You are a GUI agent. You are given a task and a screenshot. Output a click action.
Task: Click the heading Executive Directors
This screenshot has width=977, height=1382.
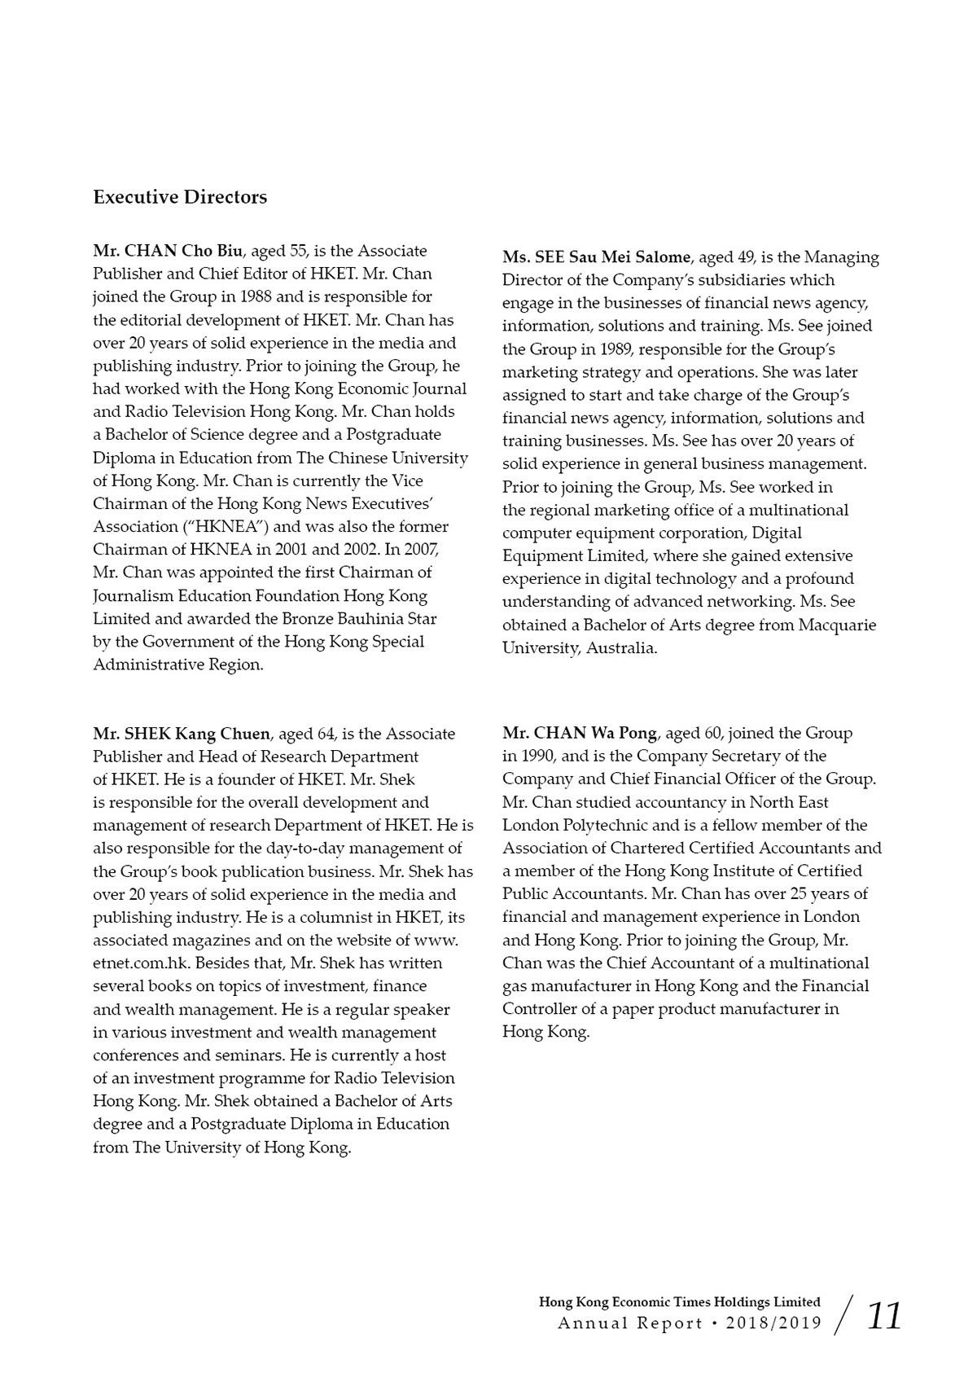tap(180, 197)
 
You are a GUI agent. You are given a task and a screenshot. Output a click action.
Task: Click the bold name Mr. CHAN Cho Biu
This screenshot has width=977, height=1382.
tap(168, 251)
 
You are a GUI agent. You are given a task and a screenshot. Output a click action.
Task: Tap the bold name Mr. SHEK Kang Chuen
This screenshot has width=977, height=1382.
tap(181, 734)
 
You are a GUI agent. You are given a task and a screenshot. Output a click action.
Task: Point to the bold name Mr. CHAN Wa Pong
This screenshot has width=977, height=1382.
tap(579, 734)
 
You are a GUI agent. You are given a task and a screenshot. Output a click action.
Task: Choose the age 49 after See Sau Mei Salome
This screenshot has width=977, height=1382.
tap(746, 257)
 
